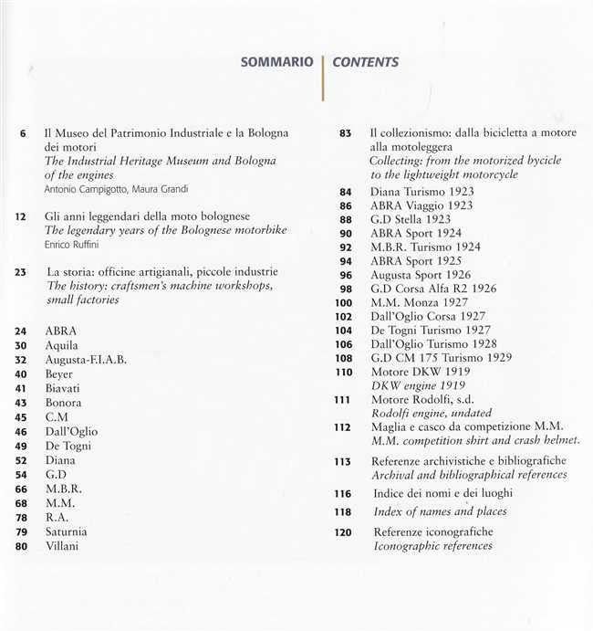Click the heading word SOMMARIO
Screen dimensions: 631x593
tap(276, 63)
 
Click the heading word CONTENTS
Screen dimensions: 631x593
tap(365, 63)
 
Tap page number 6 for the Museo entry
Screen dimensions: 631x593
tap(23, 132)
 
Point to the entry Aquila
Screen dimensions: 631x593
tap(62, 345)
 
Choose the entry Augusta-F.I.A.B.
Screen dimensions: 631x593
tap(86, 360)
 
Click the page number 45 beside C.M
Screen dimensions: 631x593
tap(22, 417)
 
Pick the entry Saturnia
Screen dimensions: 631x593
tap(68, 532)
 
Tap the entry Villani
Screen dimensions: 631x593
tap(62, 546)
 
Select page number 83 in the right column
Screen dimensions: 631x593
tap(345, 132)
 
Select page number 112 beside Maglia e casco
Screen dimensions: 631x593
tap(342, 426)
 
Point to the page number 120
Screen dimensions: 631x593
tap(342, 532)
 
